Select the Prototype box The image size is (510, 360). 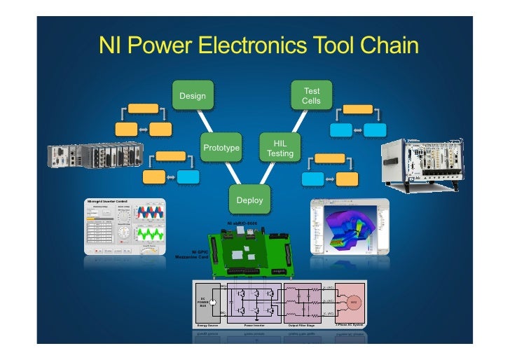221,148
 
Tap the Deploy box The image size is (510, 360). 249,200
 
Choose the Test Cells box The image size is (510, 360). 311,96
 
